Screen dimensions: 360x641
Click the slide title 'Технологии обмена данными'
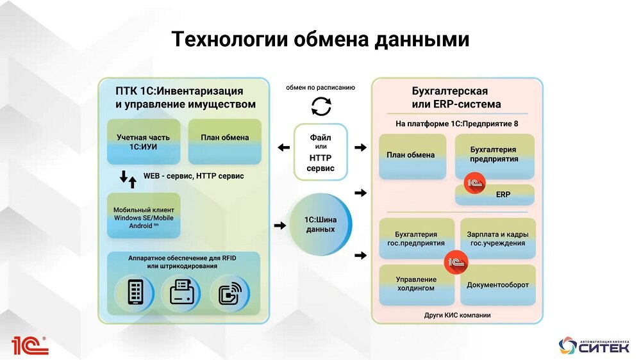coord(320,40)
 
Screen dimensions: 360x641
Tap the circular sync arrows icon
coord(320,106)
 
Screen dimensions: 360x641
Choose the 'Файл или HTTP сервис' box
coord(320,152)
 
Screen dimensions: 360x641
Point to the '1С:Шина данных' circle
coord(320,225)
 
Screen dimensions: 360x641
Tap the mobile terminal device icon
coord(135,293)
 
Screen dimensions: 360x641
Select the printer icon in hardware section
coord(180,293)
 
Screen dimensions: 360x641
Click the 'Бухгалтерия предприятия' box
coord(494,154)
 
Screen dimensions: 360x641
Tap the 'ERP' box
coord(503,194)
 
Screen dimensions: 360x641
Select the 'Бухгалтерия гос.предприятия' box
coord(416,239)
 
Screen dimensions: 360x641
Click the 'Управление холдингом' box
coord(416,284)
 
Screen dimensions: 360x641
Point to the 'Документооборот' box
coord(497,284)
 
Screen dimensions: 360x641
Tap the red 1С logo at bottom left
coord(29,345)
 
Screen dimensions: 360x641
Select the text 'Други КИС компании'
coord(457,315)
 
